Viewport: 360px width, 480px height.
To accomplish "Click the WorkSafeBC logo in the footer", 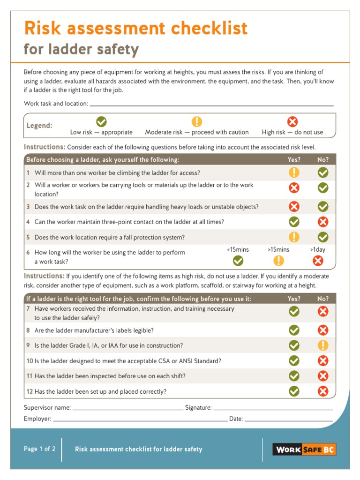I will [304, 450].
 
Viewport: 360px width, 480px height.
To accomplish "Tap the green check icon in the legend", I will [101, 122].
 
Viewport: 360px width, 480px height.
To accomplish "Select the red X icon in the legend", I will [292, 122].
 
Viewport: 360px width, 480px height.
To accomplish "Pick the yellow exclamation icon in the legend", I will [197, 122].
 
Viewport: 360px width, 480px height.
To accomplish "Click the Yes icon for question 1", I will [294, 172].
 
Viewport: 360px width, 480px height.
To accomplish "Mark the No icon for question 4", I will [323, 222].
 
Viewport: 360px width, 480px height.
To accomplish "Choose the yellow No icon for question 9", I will [323, 345].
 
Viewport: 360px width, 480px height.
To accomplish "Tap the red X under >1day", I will [318, 261].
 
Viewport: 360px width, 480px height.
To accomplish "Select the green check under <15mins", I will [238, 261].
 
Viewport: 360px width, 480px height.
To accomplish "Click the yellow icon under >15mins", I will [278, 261].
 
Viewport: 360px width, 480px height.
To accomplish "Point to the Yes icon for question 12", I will [294, 391].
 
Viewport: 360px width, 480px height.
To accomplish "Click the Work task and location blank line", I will [211, 105].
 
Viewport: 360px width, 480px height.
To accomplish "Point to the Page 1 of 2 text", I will [40, 449].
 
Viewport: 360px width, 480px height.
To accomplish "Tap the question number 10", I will [29, 361].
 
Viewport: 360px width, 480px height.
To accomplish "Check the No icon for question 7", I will [323, 311].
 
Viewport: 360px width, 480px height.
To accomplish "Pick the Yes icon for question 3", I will [294, 206].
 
